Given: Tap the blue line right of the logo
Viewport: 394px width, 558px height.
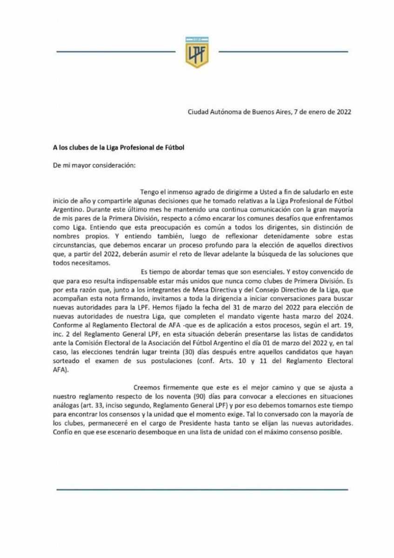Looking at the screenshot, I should (x=283, y=52).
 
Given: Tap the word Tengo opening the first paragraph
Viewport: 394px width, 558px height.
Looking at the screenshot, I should (x=150, y=192).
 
